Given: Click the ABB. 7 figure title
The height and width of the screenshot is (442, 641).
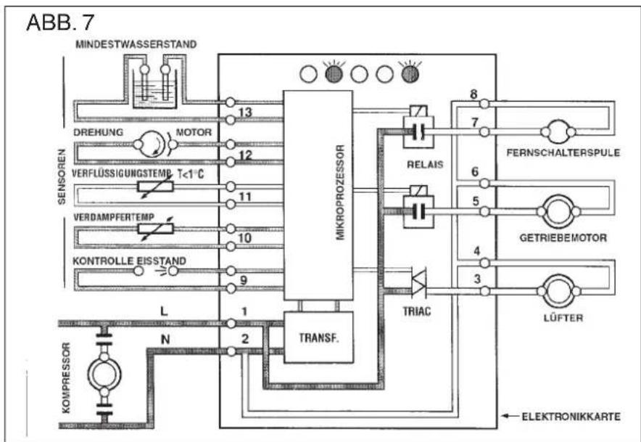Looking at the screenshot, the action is click(x=60, y=22).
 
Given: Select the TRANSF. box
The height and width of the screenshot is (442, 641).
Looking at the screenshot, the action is click(x=319, y=337).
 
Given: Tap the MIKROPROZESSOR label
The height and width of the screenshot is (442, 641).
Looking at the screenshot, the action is click(x=341, y=192).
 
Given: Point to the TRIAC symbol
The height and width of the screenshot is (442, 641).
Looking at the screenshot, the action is click(x=419, y=282).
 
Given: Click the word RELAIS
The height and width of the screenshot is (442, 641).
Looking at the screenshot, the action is click(x=425, y=165).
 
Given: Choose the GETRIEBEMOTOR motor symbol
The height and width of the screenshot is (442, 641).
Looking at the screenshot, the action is click(x=558, y=212).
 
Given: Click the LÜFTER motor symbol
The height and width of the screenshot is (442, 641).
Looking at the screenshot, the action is click(x=559, y=291).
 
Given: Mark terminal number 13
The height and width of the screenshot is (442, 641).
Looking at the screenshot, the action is click(x=245, y=112).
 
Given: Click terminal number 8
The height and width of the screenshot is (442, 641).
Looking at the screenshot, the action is click(x=473, y=94).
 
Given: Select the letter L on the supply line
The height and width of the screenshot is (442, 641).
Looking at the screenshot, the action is click(x=164, y=311).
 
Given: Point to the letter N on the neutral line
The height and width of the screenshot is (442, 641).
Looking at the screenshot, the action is click(x=165, y=339).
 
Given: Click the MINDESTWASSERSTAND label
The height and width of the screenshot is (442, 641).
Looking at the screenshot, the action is click(x=136, y=44).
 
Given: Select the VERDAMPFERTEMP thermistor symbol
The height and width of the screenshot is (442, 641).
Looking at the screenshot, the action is click(x=155, y=229).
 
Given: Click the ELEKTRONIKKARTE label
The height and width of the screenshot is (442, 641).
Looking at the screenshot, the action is click(x=571, y=417).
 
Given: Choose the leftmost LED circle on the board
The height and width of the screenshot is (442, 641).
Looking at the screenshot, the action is click(x=309, y=75).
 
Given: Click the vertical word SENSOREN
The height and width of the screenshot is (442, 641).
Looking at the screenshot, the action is click(x=62, y=176).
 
